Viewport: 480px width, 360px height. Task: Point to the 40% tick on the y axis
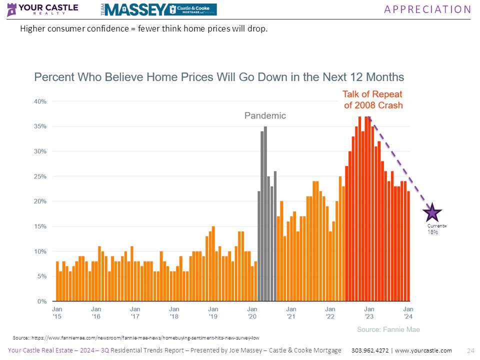pos(40,101)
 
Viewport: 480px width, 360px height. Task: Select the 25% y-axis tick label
pos(40,176)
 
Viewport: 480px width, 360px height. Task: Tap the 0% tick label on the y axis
pos(41,301)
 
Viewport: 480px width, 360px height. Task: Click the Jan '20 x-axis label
pos(252,313)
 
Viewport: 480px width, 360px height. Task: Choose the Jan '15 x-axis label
pos(57,313)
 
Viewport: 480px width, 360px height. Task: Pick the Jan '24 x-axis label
pos(408,313)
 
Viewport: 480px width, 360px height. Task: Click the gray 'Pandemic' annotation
pos(265,115)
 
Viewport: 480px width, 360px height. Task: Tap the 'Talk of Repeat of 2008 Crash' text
pos(373,99)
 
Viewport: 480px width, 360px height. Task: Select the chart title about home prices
pos(219,77)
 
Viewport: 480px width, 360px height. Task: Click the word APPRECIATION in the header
pos(427,9)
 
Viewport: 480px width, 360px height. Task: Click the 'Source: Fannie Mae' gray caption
pos(388,329)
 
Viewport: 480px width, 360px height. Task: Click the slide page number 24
pos(469,350)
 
